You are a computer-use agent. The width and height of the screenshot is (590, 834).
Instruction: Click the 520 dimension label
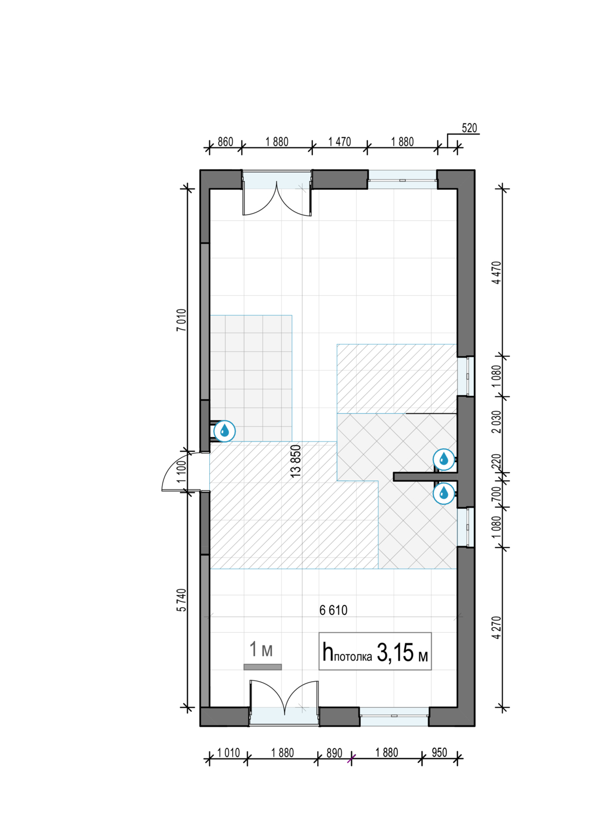(x=469, y=128)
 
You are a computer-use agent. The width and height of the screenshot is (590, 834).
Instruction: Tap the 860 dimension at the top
(x=225, y=142)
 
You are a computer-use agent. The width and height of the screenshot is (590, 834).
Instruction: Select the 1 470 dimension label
(x=339, y=142)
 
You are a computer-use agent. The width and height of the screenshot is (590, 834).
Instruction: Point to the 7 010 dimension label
(x=181, y=320)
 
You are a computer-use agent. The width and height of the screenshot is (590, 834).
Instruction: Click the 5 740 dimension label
(x=181, y=600)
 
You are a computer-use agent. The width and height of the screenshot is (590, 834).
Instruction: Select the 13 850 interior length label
(x=296, y=461)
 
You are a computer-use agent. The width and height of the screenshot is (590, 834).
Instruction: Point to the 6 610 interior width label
(x=333, y=610)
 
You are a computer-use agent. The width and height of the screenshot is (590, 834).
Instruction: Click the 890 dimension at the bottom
(x=334, y=753)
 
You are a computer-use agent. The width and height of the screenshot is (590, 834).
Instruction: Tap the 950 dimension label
(x=439, y=753)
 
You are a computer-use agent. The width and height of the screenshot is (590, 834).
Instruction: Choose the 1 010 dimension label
(x=228, y=753)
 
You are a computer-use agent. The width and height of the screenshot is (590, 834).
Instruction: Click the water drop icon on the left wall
(x=224, y=431)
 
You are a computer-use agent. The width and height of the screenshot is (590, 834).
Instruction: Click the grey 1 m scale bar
(x=262, y=667)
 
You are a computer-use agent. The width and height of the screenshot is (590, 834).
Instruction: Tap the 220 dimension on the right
(x=497, y=461)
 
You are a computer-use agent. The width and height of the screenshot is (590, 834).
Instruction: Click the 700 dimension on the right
(x=497, y=494)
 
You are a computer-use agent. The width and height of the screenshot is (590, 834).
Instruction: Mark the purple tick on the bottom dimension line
(x=351, y=759)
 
